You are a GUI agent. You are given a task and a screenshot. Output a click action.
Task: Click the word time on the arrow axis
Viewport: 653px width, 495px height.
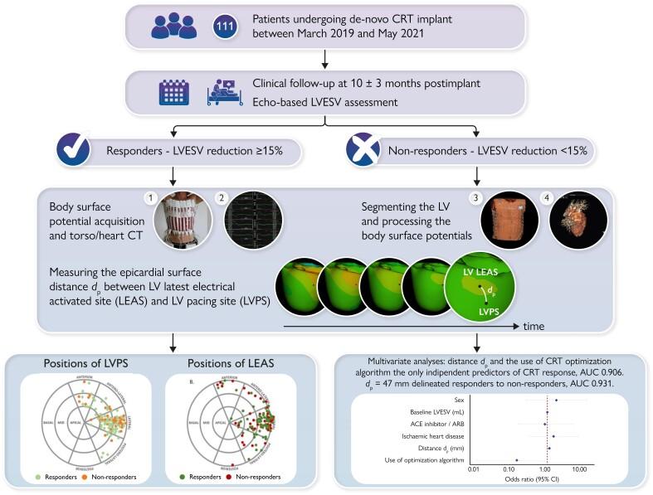tap(534, 327)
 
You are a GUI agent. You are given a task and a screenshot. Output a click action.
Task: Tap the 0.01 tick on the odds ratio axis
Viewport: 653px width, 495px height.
tap(473, 468)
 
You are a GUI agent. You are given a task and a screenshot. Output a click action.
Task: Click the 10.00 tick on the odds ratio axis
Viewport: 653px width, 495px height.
tap(578, 468)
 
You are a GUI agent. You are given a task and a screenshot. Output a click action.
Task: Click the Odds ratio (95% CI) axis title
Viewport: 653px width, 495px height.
tap(526, 480)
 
